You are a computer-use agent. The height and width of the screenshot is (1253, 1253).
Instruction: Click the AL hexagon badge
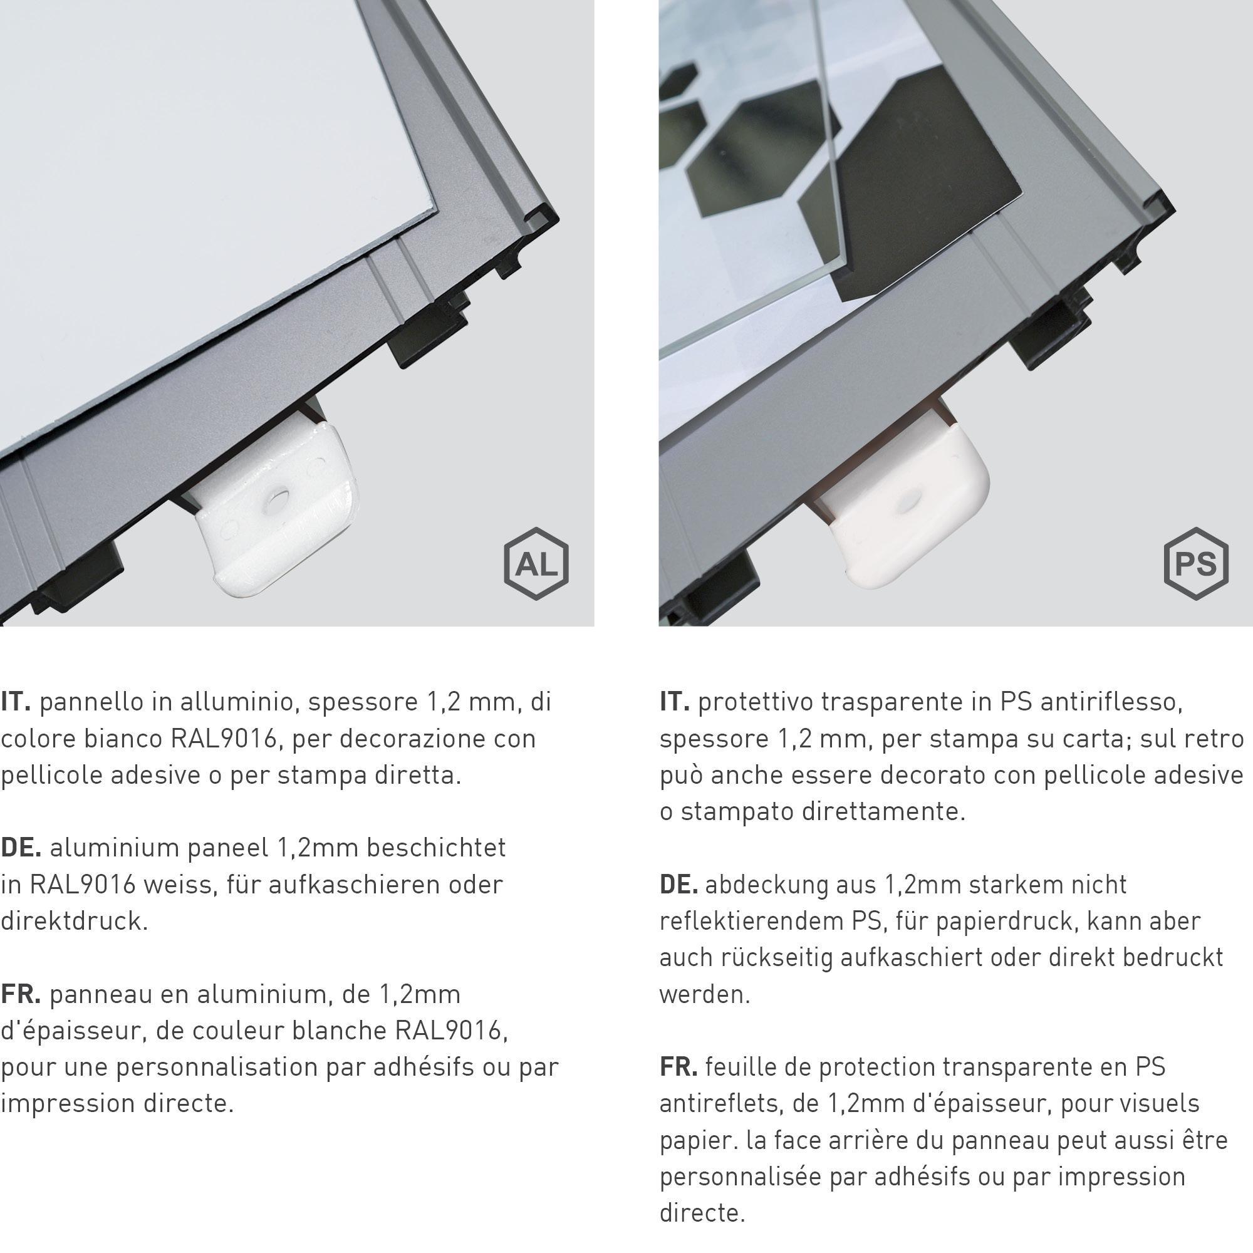536,564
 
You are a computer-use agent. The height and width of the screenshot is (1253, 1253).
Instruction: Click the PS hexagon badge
1196,564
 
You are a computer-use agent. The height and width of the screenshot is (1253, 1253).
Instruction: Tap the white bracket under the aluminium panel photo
273,506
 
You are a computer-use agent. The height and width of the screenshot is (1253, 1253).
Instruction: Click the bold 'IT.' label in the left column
16,702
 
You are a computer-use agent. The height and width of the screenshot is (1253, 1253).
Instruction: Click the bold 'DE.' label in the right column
678,884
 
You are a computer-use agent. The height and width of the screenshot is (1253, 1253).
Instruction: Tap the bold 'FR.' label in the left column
21,994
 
